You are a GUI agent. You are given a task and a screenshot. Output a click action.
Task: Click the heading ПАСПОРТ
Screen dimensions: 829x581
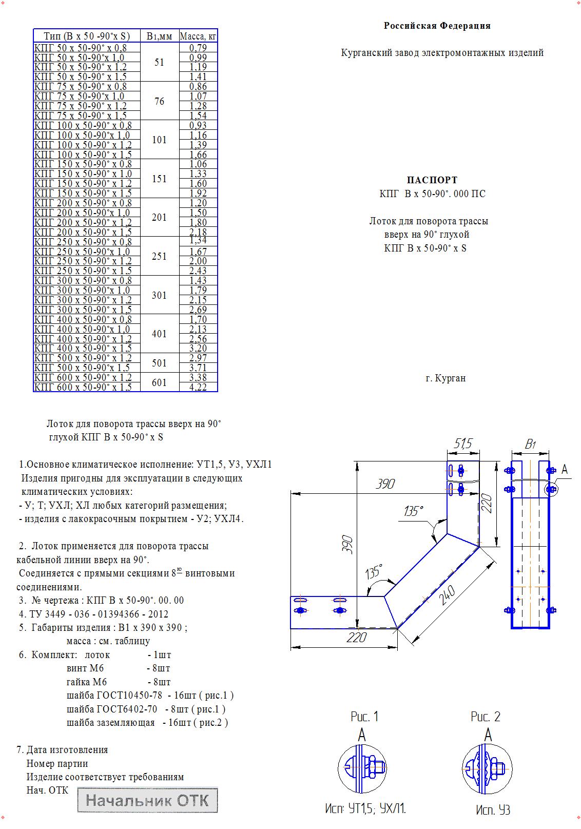[432, 180]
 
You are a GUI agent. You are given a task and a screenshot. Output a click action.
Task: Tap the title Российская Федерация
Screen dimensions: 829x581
[437, 26]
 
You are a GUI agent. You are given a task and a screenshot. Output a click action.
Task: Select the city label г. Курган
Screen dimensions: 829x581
[446, 378]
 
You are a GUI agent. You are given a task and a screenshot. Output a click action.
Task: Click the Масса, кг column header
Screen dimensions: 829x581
[198, 36]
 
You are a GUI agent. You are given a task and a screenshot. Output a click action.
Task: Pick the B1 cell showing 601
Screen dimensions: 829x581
[159, 382]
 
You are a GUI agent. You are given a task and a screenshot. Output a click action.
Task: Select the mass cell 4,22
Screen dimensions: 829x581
[198, 388]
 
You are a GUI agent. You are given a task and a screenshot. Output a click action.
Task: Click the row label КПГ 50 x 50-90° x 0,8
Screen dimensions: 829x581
[80, 48]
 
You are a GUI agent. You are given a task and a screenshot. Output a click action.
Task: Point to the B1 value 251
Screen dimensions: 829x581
[159, 256]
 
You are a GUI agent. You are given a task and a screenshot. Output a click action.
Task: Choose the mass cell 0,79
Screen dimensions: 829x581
[198, 48]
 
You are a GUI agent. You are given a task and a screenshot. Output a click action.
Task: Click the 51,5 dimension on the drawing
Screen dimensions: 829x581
[462, 443]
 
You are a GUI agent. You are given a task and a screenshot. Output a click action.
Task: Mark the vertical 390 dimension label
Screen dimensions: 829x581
[348, 544]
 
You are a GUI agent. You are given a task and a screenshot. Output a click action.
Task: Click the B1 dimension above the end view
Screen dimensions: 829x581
[531, 444]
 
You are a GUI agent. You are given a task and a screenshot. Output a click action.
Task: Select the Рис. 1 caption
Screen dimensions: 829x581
[364, 717]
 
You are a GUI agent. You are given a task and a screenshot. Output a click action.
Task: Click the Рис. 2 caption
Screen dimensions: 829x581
[485, 717]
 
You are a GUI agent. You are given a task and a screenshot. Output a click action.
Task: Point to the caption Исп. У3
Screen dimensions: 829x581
[493, 810]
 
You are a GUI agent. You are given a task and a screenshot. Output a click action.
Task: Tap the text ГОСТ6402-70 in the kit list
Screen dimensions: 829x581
[127, 709]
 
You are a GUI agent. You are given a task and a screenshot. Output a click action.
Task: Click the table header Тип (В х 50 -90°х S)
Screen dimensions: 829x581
[86, 36]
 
